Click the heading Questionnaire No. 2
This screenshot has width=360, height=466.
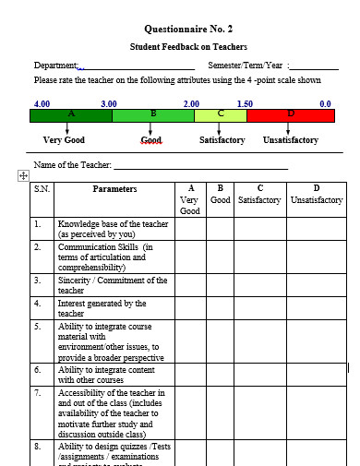click(188, 29)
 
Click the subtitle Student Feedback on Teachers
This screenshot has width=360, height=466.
click(188, 46)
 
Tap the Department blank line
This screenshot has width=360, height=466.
click(138, 67)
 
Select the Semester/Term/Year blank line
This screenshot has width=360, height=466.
click(314, 67)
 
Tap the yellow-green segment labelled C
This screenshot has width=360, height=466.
click(221, 115)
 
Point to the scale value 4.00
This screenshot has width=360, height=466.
click(42, 104)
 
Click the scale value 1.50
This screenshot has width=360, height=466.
click(245, 104)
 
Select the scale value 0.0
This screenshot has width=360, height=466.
click(325, 104)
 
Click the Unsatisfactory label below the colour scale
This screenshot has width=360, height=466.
click(290, 140)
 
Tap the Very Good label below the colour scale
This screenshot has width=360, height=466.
click(65, 140)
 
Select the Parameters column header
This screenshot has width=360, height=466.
click(114, 189)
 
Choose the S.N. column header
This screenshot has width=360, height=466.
click(42, 189)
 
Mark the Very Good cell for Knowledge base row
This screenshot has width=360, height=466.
click(189, 229)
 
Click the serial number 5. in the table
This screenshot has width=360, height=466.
click(38, 326)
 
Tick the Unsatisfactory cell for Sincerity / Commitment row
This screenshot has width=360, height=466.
click(317, 285)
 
